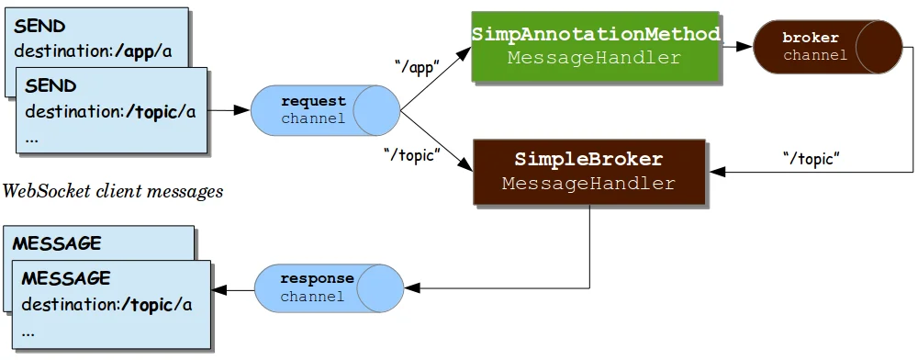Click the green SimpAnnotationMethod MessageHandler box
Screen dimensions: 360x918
click(x=595, y=45)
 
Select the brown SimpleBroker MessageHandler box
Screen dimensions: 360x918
click(x=588, y=172)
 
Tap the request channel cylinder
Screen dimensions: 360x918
click(x=326, y=109)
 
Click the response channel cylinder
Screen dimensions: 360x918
click(x=326, y=287)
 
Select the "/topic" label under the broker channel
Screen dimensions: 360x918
click(x=812, y=158)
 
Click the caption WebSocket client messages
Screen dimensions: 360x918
click(x=113, y=192)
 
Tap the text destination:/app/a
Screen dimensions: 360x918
click(x=93, y=51)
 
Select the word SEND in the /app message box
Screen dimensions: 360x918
click(x=39, y=28)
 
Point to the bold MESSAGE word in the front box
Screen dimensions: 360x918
click(x=66, y=277)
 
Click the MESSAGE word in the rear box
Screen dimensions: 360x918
click(x=57, y=243)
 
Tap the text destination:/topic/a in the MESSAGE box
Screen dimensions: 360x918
click(x=106, y=304)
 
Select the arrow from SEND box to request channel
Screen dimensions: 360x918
click(x=229, y=110)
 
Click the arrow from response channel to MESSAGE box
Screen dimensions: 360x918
click(x=233, y=291)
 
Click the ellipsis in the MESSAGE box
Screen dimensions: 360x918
click(x=28, y=332)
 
